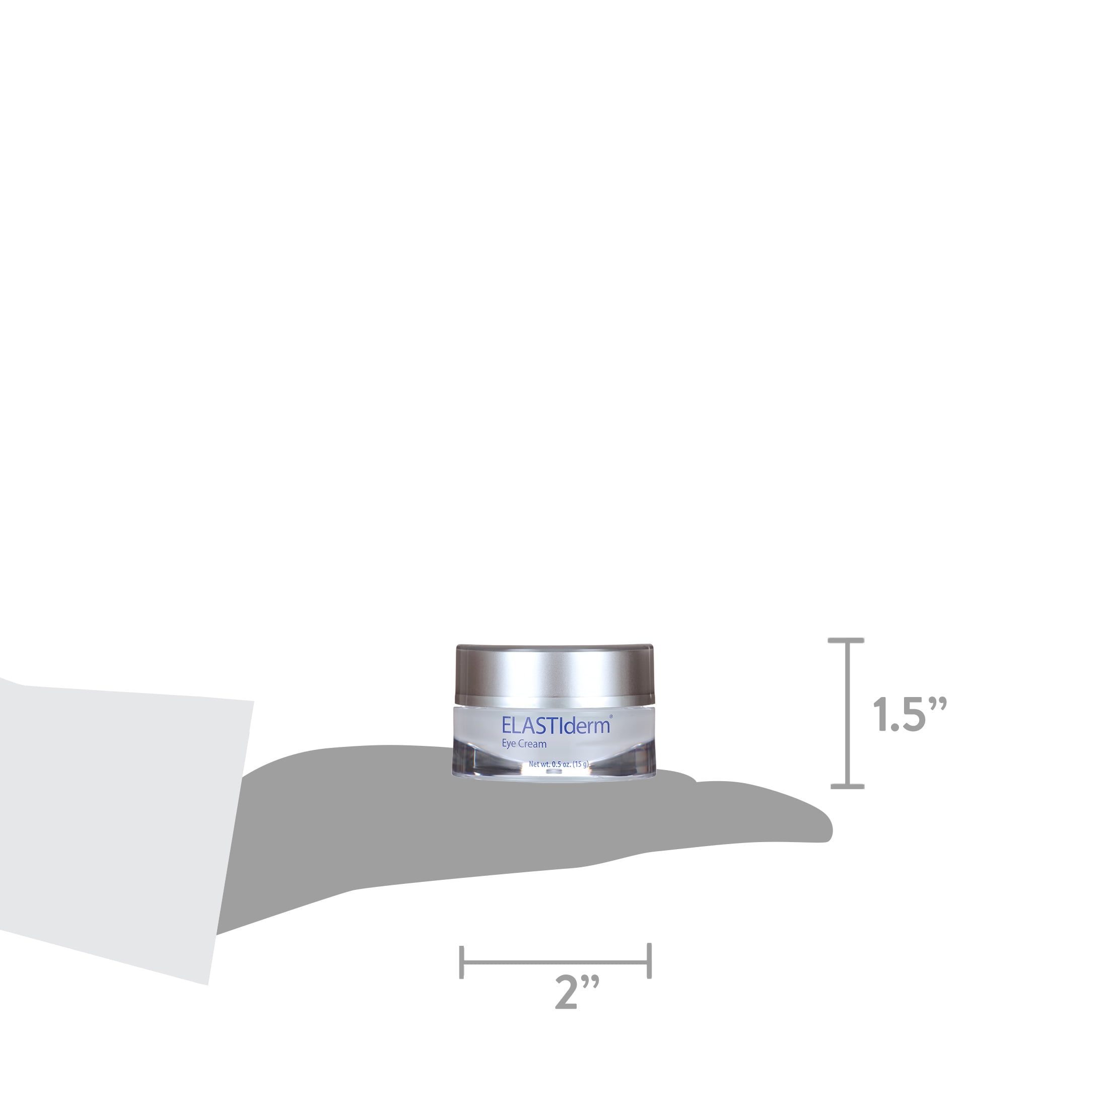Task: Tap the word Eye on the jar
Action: (x=509, y=744)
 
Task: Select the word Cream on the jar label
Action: (x=533, y=744)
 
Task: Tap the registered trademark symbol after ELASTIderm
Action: (x=611, y=716)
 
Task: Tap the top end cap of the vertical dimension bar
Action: (x=847, y=640)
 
